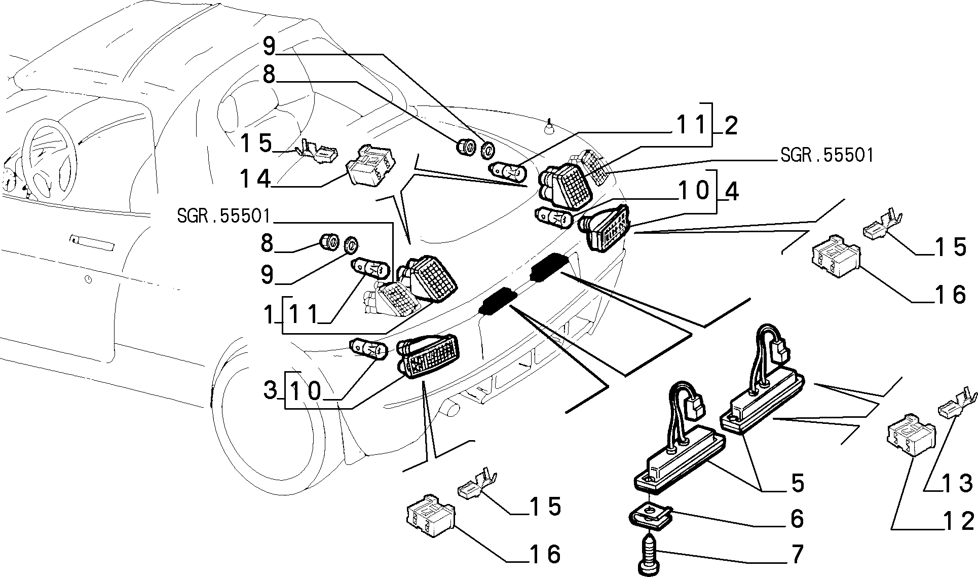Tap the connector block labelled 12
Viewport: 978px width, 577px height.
(x=911, y=432)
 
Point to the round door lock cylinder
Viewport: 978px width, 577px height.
(x=88, y=280)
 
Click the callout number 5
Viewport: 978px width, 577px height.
(x=797, y=483)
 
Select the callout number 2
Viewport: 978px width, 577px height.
(x=730, y=125)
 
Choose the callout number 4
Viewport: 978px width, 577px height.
(x=731, y=191)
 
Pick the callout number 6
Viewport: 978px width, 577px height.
(x=797, y=519)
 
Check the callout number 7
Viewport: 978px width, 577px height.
(x=797, y=554)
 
